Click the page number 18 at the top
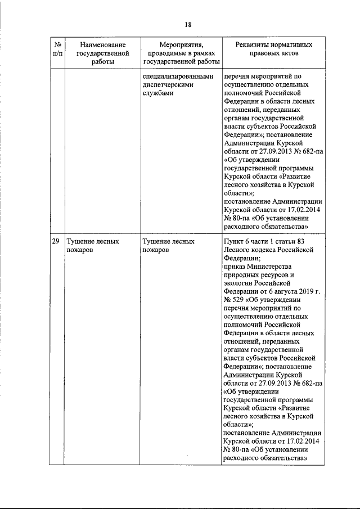188,24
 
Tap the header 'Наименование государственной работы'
102,52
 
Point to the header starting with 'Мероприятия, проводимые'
181,52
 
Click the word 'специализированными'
178,76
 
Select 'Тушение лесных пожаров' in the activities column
169,245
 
